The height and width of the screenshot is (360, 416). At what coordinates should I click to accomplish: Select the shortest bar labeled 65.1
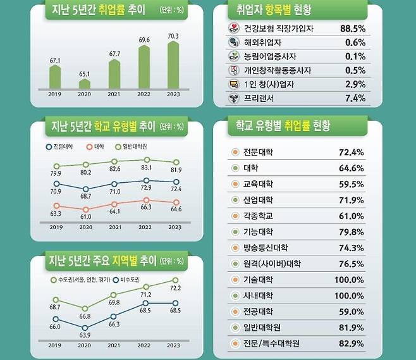(x=85, y=84)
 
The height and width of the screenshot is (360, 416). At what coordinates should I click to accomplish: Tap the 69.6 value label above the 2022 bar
(x=145, y=40)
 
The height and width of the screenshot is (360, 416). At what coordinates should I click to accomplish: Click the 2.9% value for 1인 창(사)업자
(x=355, y=84)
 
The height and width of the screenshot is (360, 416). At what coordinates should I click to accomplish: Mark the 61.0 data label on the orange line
(x=85, y=216)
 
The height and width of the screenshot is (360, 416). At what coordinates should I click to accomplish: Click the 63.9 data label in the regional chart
(x=85, y=335)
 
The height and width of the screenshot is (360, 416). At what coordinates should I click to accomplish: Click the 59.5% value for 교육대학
(x=352, y=183)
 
